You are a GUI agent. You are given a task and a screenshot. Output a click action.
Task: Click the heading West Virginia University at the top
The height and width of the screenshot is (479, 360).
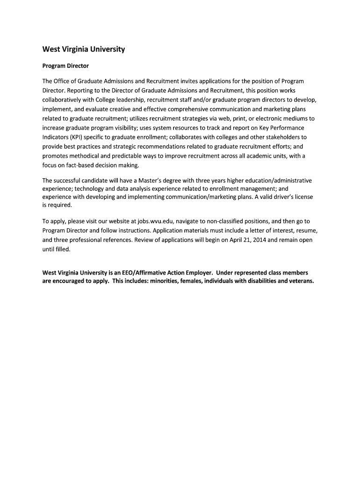click(x=84, y=49)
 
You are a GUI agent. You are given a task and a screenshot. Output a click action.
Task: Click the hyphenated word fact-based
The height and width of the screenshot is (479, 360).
click(x=80, y=165)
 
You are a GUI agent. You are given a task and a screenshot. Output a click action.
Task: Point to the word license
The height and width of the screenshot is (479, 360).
click(x=302, y=197)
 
